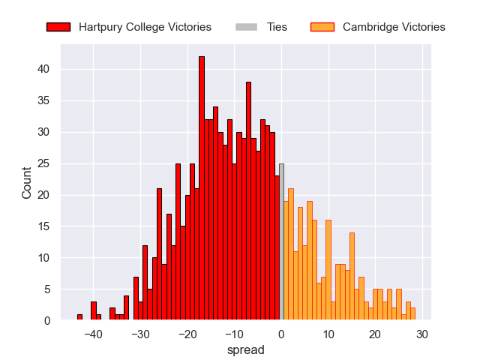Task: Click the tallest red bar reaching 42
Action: coord(202,187)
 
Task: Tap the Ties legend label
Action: coord(277,27)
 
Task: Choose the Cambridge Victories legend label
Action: coord(394,27)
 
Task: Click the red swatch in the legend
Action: coord(58,27)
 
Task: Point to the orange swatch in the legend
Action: coord(322,27)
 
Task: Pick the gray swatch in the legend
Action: coord(247,27)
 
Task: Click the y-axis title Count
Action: coord(27,183)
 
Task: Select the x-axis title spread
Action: coord(245,349)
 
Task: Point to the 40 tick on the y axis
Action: coord(44,69)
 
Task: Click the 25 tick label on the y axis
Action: coord(44,163)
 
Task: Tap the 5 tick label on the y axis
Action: coord(47,289)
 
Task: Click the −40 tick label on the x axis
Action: coord(94,334)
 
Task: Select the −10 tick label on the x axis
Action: coord(235,334)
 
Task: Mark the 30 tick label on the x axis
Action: coord(422,334)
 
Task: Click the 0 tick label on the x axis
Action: coord(281,334)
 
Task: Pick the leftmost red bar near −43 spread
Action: coord(79,317)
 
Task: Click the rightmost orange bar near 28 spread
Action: coord(412,314)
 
